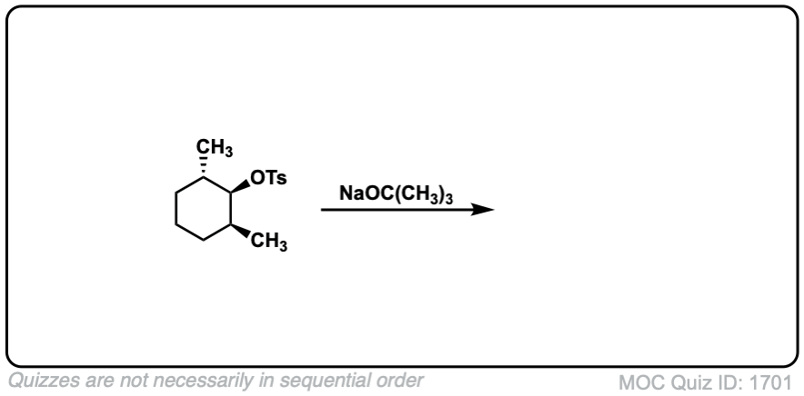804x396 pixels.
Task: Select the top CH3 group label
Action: pos(216,149)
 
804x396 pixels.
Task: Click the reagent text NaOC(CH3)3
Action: pos(396,193)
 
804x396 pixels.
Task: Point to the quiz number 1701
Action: pos(772,381)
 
